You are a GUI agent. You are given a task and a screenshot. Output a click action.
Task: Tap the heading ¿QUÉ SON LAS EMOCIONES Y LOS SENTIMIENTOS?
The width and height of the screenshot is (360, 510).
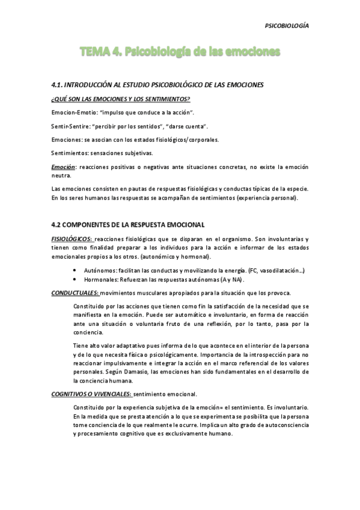tap(121, 99)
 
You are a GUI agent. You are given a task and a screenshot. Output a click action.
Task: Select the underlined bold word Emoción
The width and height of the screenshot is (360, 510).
tap(63, 166)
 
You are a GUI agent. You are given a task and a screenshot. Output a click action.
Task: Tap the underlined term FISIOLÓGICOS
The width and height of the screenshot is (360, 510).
tap(72, 239)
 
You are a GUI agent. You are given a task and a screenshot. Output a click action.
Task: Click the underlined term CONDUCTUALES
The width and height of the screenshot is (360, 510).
tap(75, 293)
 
